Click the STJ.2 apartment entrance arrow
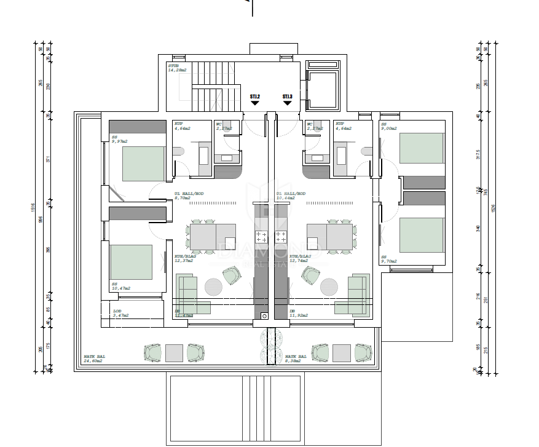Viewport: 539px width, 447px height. [254, 102]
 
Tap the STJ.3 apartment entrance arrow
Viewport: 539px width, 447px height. [287, 102]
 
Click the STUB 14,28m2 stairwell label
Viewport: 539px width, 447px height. [177, 68]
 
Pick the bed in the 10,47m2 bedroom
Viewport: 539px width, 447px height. [131, 262]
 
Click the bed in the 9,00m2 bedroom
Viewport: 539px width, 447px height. [422, 148]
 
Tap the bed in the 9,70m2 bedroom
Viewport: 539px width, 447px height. [422, 235]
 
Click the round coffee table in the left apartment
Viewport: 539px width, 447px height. [214, 287]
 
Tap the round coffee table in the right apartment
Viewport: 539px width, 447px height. [328, 287]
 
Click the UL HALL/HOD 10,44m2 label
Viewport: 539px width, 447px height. [291, 196]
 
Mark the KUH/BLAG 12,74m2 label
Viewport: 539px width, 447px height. [301, 258]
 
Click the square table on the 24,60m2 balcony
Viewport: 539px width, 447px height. [175, 352]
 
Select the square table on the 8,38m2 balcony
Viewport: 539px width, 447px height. [342, 352]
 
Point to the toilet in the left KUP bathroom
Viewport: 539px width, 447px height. [178, 151]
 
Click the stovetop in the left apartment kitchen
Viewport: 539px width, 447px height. [261, 235]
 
